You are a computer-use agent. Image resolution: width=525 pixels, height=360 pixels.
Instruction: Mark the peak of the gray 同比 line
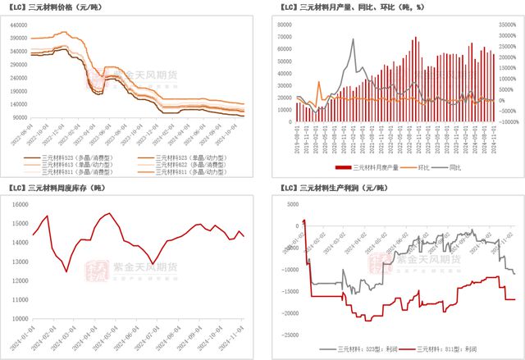tap(352, 39)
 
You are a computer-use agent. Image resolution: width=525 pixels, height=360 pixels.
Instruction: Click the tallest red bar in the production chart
tap(416, 37)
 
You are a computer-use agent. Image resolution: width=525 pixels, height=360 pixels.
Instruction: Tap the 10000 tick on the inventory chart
tap(21, 318)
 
